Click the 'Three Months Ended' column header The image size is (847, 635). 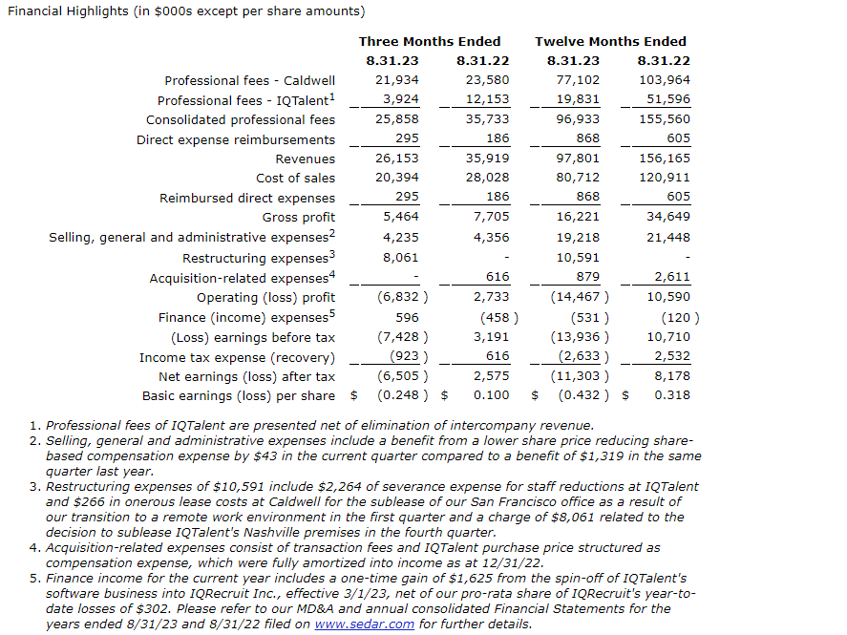429,41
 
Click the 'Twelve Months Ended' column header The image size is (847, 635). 610,41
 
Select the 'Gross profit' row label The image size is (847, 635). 299,218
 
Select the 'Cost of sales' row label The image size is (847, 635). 295,179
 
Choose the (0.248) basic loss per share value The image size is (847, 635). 401,395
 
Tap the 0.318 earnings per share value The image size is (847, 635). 672,395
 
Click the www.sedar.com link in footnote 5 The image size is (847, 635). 364,624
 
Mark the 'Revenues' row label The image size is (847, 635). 305,159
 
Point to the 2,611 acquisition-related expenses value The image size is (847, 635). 672,277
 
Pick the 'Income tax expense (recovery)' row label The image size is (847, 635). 237,356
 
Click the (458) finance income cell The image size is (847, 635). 495,317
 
